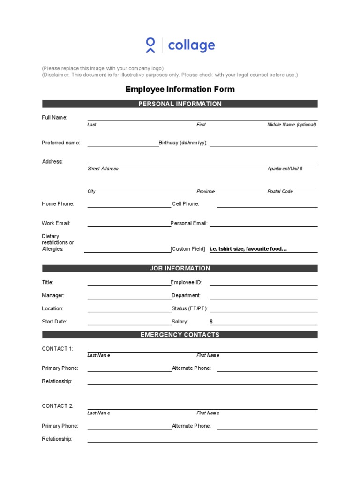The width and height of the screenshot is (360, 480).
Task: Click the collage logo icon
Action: click(x=150, y=45)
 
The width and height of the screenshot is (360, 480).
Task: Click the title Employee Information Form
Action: click(x=180, y=89)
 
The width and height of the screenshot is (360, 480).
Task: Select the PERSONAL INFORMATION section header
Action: click(x=180, y=104)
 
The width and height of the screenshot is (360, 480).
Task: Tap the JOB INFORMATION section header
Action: click(x=180, y=269)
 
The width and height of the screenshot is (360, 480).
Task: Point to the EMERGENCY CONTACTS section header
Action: click(x=180, y=335)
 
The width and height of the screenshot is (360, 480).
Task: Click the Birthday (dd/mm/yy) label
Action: click(x=183, y=142)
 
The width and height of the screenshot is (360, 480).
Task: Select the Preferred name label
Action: click(x=61, y=142)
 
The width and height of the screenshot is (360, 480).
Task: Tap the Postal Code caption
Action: click(x=280, y=191)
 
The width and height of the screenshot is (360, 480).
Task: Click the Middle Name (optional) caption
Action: click(x=292, y=125)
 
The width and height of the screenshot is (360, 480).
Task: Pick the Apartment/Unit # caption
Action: click(x=285, y=169)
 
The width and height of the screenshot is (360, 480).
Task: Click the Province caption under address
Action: click(x=205, y=191)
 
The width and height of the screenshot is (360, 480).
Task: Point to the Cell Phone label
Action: click(x=186, y=204)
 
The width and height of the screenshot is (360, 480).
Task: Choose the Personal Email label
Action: click(x=189, y=223)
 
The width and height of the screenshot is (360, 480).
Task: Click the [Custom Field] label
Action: click(x=188, y=249)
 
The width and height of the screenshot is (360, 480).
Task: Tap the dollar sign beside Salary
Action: click(x=211, y=322)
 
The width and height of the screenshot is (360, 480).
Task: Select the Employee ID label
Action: click(x=186, y=282)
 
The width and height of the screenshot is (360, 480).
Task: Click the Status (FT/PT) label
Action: click(x=189, y=308)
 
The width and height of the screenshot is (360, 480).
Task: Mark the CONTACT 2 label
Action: click(x=58, y=406)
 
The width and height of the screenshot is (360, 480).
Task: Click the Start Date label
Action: click(x=54, y=322)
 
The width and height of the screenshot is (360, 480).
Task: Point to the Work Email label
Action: click(x=56, y=223)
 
